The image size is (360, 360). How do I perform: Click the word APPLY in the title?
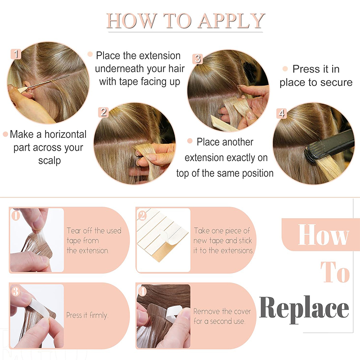(x=231, y=21)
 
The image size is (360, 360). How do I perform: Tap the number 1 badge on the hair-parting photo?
(x=16, y=54)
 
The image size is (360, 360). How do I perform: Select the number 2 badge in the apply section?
(x=103, y=112)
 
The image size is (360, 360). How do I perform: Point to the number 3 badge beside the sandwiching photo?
(x=198, y=59)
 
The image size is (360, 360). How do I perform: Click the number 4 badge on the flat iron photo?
(x=282, y=113)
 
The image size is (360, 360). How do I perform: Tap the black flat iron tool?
(x=330, y=146)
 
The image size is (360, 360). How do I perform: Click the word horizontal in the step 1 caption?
(x=65, y=134)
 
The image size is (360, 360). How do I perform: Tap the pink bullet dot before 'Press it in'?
(x=285, y=69)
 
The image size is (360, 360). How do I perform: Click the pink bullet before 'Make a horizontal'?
(x=5, y=134)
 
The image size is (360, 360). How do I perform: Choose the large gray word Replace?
(x=304, y=308)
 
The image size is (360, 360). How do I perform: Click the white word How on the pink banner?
(x=323, y=234)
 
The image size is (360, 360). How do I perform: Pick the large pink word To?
(x=335, y=272)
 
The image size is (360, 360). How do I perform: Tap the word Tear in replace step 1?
(x=73, y=230)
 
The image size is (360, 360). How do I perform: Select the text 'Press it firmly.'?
(x=87, y=315)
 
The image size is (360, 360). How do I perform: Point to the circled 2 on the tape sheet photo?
(x=142, y=216)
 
